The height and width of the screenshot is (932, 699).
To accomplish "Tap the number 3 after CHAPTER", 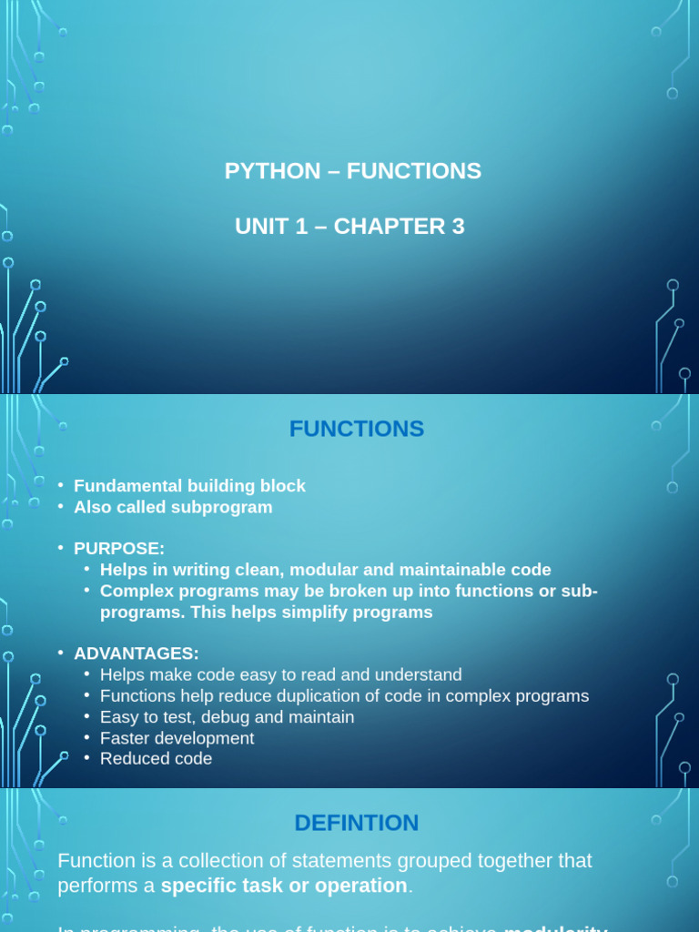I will click(458, 227).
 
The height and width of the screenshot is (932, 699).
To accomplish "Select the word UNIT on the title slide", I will click(259, 227).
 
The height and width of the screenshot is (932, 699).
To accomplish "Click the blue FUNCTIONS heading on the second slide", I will click(357, 429).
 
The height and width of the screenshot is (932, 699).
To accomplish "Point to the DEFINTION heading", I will click(357, 823).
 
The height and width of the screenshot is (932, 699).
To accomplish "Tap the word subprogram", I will click(227, 507).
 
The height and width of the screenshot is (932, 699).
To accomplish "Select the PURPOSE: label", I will click(119, 549).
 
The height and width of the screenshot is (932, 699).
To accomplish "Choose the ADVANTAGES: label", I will click(137, 653).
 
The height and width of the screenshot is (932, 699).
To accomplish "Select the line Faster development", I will click(177, 738).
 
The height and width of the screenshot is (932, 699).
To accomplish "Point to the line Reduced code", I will click(156, 759).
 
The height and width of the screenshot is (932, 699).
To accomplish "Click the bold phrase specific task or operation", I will click(283, 886).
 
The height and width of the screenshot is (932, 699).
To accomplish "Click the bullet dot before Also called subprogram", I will click(60, 508).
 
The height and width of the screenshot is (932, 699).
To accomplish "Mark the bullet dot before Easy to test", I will click(86, 717).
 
